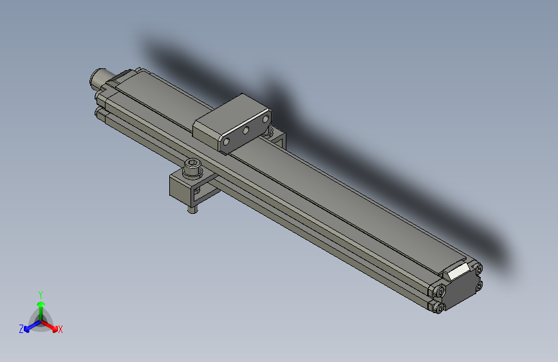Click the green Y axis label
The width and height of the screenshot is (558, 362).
point(40,294)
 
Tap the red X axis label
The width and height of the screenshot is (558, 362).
point(60,329)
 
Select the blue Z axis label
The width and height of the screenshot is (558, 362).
point(21,329)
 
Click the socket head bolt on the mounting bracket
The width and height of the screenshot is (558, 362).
point(192,169)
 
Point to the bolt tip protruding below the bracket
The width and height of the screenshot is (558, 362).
point(191,209)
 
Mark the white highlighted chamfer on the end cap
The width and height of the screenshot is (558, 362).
point(459,271)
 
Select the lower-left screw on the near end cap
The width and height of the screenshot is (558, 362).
point(438,307)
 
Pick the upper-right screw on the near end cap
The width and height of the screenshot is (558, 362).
point(478,269)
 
